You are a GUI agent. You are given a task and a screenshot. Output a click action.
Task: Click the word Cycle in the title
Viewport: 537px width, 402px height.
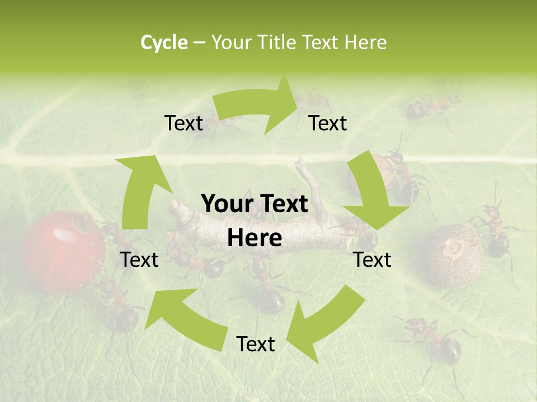[x=164, y=42]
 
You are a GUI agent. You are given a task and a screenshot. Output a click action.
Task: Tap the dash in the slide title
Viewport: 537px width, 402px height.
[x=199, y=43]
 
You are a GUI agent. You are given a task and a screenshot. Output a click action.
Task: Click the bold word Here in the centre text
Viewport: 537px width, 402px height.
[x=255, y=238]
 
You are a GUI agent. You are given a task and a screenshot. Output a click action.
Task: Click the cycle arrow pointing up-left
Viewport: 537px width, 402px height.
[x=185, y=318]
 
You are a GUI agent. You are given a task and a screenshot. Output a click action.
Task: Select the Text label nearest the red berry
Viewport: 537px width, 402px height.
[x=139, y=260]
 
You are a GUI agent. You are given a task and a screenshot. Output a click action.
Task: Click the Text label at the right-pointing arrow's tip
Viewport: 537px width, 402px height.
[x=328, y=123]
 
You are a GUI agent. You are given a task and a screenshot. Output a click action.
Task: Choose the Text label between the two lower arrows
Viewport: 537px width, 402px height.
[x=256, y=344]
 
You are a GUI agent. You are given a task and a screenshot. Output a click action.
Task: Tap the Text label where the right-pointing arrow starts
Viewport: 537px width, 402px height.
[x=183, y=123]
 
